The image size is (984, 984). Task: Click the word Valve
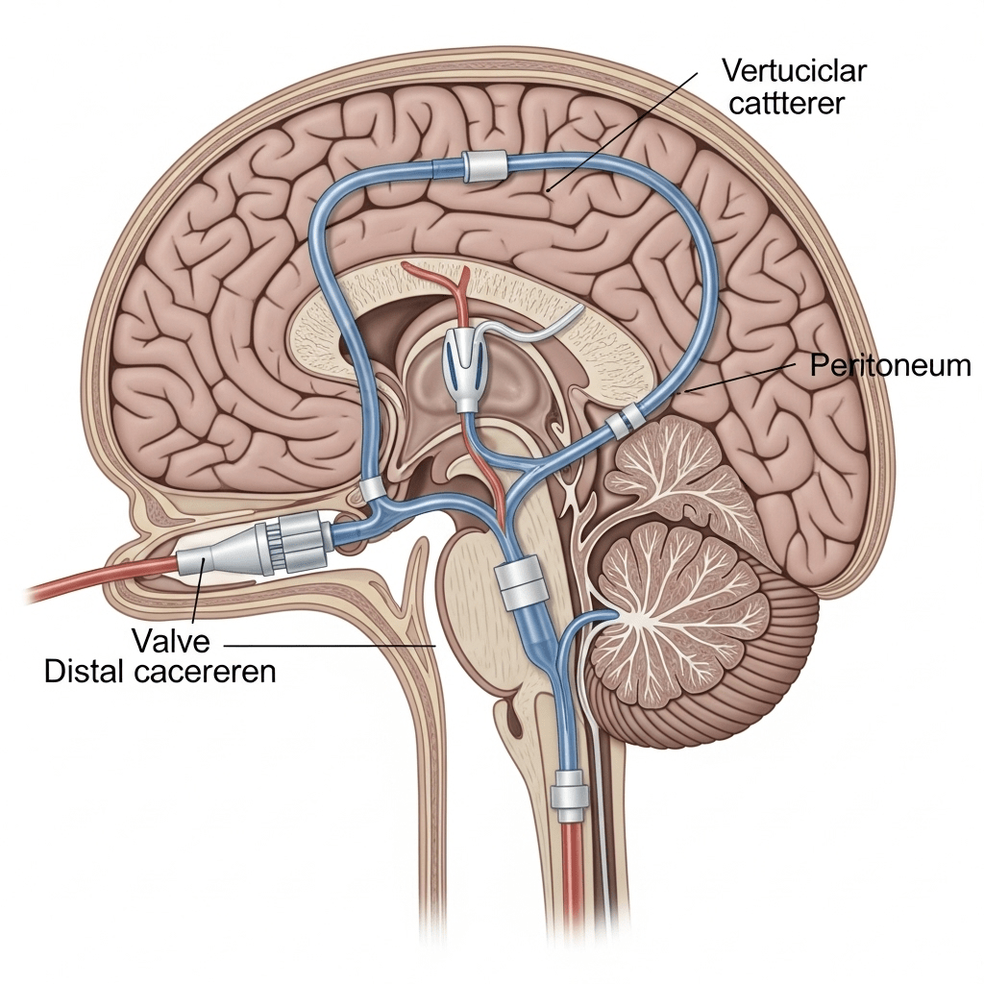[170, 641]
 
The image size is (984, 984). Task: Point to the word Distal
[84, 672]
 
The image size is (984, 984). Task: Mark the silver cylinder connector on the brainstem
[520, 584]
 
